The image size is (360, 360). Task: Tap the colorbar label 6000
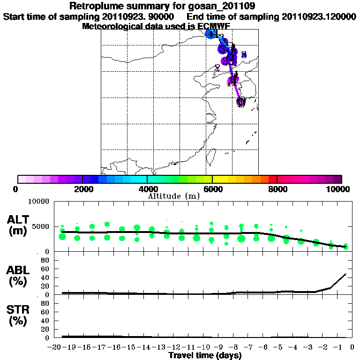pyautogui.click(x=212, y=189)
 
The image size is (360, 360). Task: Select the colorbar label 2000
pyautogui.click(x=82, y=189)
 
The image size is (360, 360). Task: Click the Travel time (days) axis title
pyautogui.click(x=205, y=356)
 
